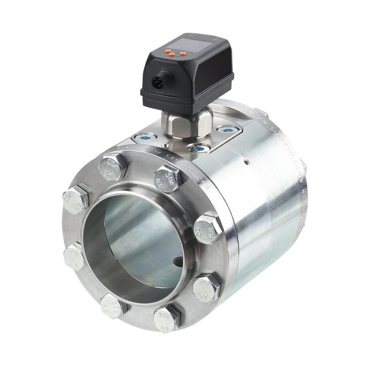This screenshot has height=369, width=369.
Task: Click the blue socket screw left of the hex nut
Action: click(145, 138)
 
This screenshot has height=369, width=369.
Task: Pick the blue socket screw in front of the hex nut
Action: click(197, 148)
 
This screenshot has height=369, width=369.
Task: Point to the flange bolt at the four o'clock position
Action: click(206, 286)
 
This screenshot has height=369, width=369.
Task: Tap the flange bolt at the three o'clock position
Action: click(207, 228)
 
